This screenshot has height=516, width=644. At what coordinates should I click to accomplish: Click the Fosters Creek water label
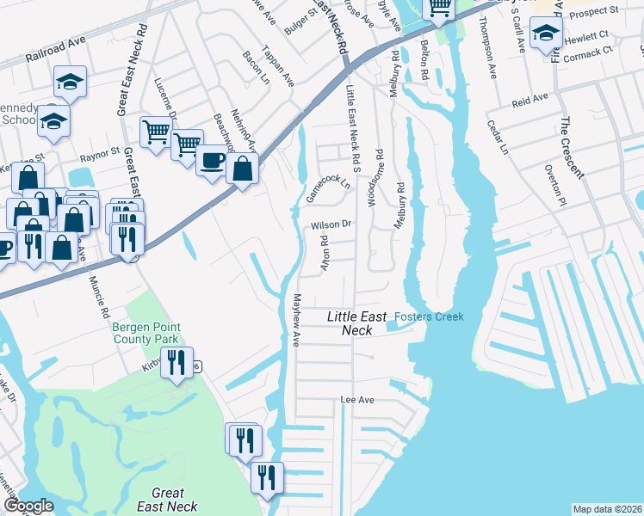click(x=429, y=317)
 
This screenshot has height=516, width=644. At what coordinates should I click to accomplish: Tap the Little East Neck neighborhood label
click(x=350, y=323)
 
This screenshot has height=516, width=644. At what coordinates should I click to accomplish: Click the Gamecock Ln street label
click(x=330, y=188)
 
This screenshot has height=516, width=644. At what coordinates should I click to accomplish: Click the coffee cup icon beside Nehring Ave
click(x=212, y=160)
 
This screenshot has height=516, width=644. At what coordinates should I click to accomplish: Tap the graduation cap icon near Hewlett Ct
click(x=546, y=34)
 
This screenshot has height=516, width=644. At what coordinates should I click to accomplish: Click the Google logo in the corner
click(x=28, y=507)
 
